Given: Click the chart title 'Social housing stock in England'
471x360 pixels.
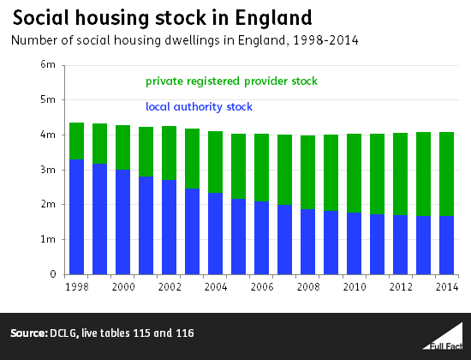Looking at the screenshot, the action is pos(163,18).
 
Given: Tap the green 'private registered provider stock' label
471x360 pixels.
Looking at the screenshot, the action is pos(231,81).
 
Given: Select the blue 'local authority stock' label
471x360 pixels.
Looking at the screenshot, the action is pos(199,107).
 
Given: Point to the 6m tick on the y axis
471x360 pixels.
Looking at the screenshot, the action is pos(48,64).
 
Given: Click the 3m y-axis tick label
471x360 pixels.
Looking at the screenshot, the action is pos(48,170).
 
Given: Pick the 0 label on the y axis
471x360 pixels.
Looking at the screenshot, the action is pos(53,274).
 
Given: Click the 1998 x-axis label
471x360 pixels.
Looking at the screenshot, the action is pos(77,287).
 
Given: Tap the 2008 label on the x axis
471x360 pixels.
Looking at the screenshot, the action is pos(308,287).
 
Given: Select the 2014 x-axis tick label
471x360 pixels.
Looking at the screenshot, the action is pos(447,287).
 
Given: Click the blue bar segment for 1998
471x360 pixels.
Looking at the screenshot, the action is pos(76,217).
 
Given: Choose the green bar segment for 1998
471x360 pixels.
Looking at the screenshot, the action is pos(76,141).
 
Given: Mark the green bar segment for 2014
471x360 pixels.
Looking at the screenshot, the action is pos(446,174).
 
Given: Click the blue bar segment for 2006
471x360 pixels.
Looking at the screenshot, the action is pos(262,238).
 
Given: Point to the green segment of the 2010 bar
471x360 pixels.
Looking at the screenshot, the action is pos(355,173).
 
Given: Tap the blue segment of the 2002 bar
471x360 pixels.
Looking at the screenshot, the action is pos(169,227).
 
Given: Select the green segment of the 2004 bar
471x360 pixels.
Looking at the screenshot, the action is pos(215,162).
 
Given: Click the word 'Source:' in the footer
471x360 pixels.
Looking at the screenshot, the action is pos(29,333).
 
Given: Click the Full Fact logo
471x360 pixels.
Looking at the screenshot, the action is pos(443,338).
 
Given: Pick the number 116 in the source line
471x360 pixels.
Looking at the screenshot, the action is pos(185,333).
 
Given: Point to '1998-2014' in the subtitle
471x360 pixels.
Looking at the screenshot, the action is pos(325,40).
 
